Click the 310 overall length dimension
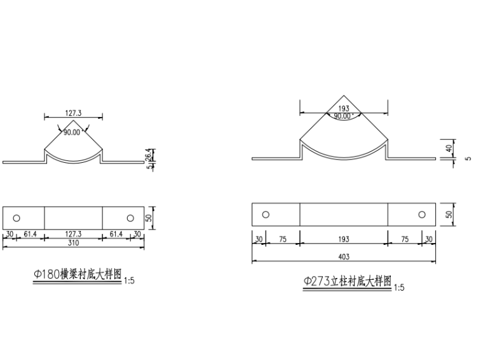pos(73,242)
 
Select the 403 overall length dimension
pos(344,257)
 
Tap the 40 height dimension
pos(448,149)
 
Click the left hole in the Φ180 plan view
pos(17,218)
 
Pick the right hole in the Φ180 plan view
pos(130,218)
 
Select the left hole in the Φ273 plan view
pos(266,214)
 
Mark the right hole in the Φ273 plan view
pos(421,214)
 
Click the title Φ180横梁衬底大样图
pos(77,274)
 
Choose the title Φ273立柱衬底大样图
pos(347,282)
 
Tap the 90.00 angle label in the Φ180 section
pos(72,132)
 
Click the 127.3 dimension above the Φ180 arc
pos(72,114)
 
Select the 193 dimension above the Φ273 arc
pos(344,109)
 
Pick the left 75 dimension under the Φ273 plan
pos(282,239)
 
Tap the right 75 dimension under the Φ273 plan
pos(405,239)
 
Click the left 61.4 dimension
pos(29,234)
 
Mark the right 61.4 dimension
pos(116,234)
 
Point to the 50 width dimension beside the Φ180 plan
pos(150,218)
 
